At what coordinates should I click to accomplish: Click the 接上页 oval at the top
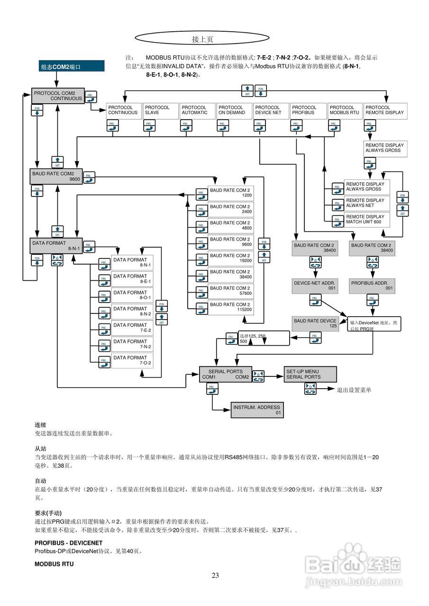coord(202,39)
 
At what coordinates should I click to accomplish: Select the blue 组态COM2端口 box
coord(72,67)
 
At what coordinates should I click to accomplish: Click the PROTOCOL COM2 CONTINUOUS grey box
coord(58,96)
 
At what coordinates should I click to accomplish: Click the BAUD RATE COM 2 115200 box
coord(230,307)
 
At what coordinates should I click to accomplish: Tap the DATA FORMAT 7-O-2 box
coord(132,360)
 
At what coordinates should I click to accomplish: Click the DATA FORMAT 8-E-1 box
coord(132,279)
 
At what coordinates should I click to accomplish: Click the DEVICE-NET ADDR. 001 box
coord(315,285)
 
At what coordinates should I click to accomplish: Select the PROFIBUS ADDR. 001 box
coord(373,285)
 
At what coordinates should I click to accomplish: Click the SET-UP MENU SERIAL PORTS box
coord(310,374)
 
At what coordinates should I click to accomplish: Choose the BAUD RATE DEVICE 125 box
coord(315,323)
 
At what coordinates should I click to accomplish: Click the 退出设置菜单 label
coord(354,390)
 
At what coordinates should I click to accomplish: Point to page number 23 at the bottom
coord(215,576)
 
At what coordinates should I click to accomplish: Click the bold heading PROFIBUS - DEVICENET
coord(68,543)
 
